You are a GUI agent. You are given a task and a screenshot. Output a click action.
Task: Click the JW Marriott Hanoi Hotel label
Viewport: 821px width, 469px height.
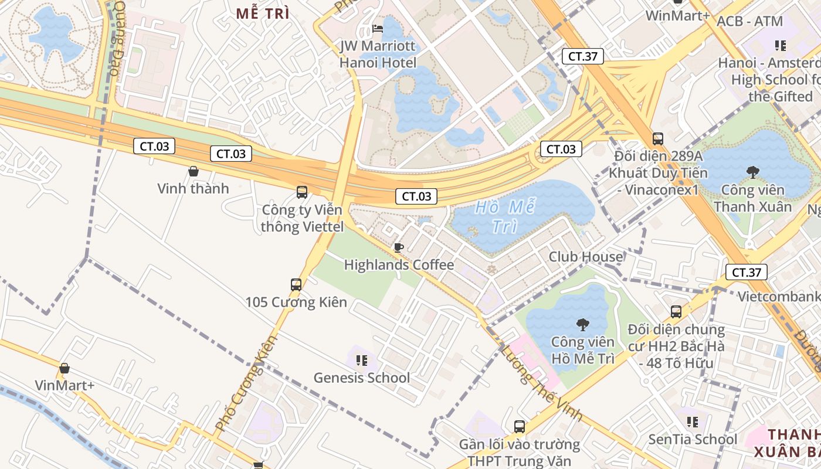coord(378,54)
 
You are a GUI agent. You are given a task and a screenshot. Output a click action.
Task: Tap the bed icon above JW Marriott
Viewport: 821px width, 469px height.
coord(378,29)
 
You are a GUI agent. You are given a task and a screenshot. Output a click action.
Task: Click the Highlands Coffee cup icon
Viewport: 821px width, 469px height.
coord(399,247)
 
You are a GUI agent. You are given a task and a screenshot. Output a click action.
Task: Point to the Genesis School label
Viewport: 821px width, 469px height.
coord(361,378)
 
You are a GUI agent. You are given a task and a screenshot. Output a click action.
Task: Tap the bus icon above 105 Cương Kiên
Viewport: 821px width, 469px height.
coord(296,285)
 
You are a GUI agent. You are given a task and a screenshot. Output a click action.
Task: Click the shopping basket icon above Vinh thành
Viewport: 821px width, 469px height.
coord(194,171)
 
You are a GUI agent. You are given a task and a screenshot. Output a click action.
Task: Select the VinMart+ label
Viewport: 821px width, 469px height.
coord(65,385)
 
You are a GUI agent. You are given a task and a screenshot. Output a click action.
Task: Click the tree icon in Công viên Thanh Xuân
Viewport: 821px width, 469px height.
coord(752,172)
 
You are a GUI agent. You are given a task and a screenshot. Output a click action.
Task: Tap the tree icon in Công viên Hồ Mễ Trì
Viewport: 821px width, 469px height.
coord(582,324)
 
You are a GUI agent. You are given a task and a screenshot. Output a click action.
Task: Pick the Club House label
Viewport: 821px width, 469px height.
coord(586,257)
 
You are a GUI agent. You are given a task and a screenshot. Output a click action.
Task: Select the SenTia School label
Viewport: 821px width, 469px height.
coord(693,439)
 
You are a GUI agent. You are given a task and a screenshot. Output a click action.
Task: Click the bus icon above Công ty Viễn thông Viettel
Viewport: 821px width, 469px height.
coord(302,192)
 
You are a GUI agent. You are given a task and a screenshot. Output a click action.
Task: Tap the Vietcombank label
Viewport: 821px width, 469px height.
coord(779,296)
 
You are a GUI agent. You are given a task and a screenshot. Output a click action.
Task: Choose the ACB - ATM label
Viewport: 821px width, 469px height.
coord(749,22)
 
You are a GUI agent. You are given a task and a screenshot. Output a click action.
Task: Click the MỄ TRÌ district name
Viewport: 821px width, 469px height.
coord(263,13)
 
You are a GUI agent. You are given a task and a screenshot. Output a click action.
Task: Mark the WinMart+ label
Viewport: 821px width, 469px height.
coord(678,15)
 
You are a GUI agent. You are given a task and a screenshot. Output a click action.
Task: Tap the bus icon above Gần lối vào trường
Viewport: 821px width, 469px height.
coord(519,426)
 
